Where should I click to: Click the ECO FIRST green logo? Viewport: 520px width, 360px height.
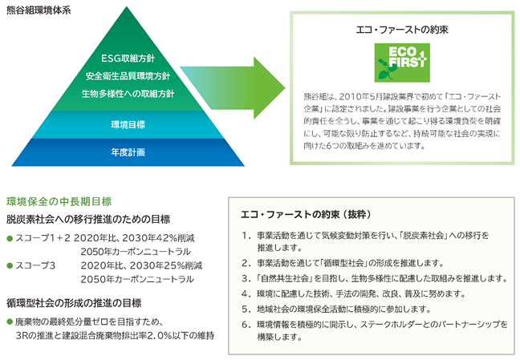[x=402, y=63]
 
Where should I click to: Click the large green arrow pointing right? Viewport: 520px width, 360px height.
[x=233, y=88]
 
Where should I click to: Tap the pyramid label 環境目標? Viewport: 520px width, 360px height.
[x=128, y=124]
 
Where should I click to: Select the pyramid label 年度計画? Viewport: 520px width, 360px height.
[x=128, y=152]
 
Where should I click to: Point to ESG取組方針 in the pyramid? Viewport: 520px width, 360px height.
[x=128, y=59]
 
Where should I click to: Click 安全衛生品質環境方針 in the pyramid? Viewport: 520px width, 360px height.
[x=128, y=76]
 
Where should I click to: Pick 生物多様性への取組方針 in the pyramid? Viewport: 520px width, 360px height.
[x=128, y=94]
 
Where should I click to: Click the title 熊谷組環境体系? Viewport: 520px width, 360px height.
[x=39, y=10]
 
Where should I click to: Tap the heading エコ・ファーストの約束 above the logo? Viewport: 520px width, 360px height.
[x=402, y=30]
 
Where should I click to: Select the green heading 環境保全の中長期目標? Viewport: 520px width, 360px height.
[x=59, y=201]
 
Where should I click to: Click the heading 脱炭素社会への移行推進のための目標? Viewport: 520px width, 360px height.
[x=88, y=219]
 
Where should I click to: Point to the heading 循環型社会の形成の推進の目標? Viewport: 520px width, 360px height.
[x=74, y=303]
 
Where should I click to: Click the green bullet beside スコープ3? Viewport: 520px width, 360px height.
[x=10, y=265]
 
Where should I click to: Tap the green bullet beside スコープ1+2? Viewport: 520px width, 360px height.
[x=10, y=238]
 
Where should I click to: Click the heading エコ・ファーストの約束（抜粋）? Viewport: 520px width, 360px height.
[x=306, y=214]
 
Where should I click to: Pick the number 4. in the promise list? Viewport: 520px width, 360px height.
[x=246, y=293]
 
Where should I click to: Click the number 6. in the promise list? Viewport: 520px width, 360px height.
[x=246, y=325]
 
